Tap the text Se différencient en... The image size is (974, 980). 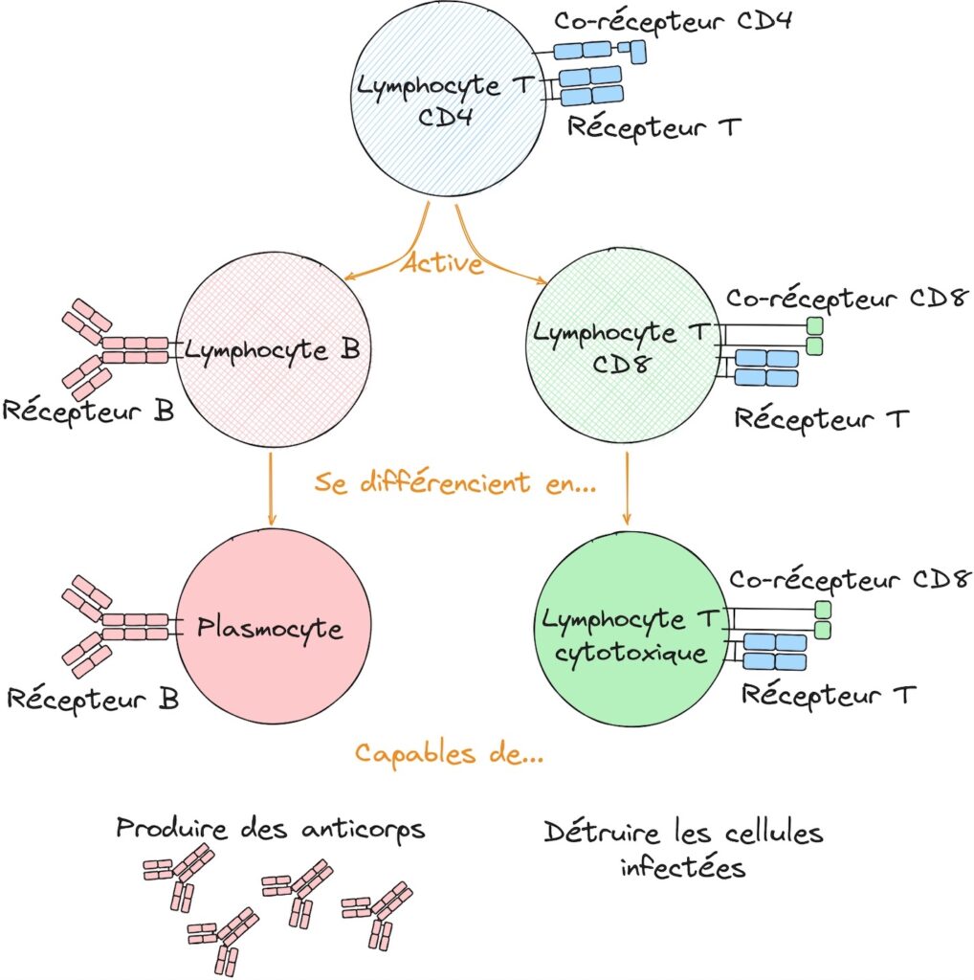(x=455, y=482)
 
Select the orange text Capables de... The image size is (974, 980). (x=450, y=753)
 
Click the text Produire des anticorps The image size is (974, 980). (x=271, y=828)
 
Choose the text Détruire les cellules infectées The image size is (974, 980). (x=683, y=849)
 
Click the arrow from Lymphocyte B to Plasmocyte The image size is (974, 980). (x=272, y=488)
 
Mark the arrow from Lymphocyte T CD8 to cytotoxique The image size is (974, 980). (x=627, y=488)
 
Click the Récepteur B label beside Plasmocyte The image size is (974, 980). (x=93, y=698)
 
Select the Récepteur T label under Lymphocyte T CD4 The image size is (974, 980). (x=653, y=126)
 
